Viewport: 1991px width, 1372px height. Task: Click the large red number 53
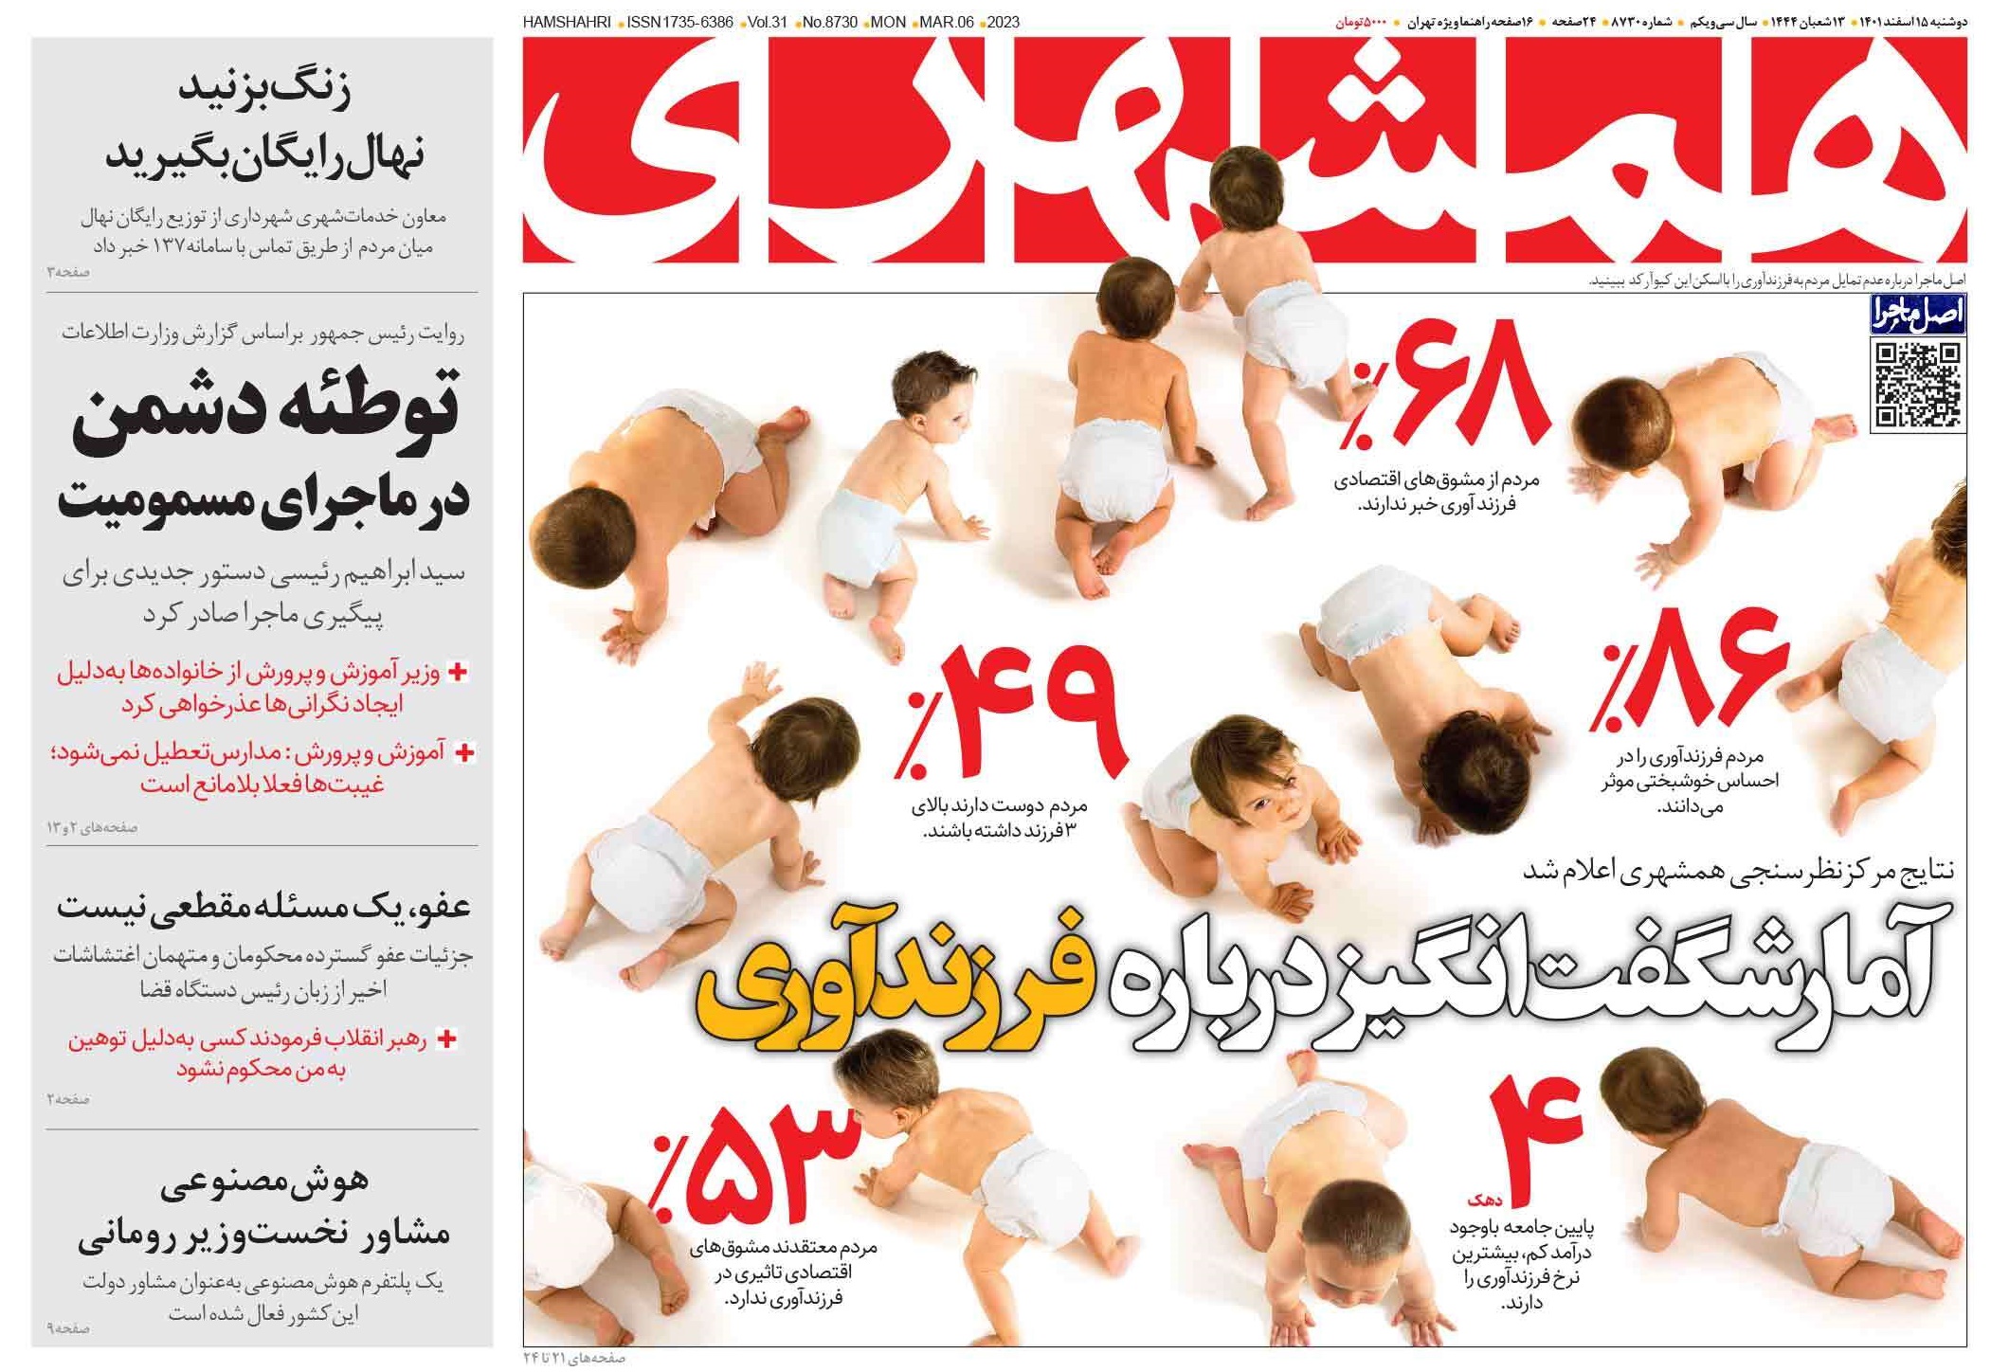(772, 1164)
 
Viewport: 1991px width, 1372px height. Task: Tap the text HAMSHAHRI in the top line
(566, 23)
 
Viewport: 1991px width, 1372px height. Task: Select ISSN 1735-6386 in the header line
(679, 23)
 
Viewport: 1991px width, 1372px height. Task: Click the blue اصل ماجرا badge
(1917, 314)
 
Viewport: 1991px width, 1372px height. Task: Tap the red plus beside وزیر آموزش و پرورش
(458, 672)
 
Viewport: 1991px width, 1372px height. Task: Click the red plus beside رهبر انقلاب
(446, 1038)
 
